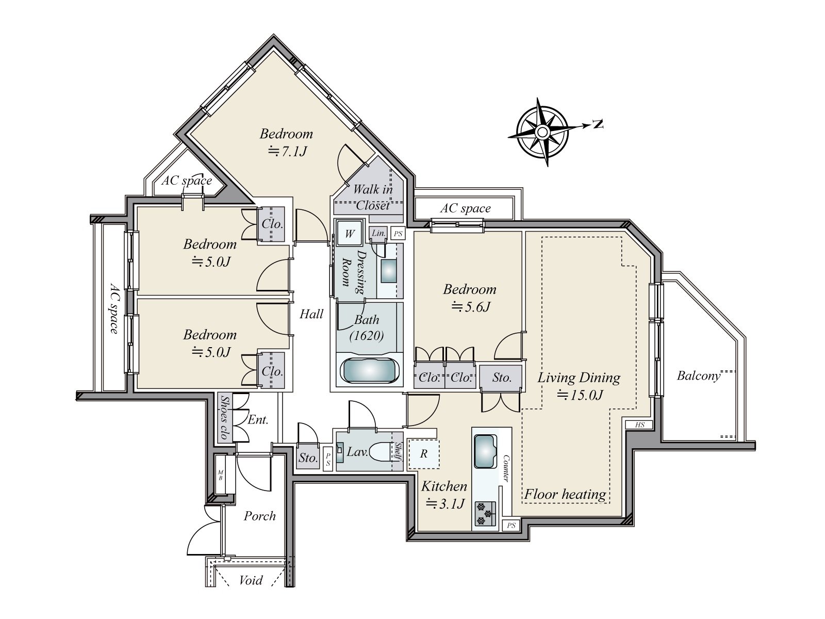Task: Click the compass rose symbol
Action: (542, 132)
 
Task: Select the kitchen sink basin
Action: (485, 451)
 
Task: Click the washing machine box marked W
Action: (350, 233)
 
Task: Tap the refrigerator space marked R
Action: (424, 453)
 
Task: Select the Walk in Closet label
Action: (373, 197)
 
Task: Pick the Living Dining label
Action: (579, 378)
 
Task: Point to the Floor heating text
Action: (565, 495)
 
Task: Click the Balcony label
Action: (699, 376)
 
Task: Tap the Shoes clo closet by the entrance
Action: (225, 417)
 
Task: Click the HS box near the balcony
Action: (639, 425)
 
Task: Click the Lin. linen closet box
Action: (378, 233)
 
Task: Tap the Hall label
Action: (311, 314)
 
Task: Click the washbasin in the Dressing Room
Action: (389, 271)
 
